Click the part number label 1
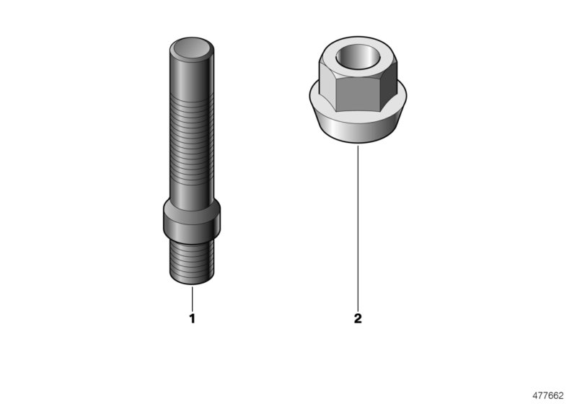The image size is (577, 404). pyautogui.click(x=192, y=317)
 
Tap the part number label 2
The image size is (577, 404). pyautogui.click(x=358, y=317)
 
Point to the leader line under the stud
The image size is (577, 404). pyautogui.click(x=192, y=298)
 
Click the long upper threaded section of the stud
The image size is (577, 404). pyautogui.click(x=192, y=137)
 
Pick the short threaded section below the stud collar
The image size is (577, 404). pyautogui.click(x=192, y=261)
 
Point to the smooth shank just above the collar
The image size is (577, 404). pyautogui.click(x=192, y=195)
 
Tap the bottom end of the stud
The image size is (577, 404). pyautogui.click(x=192, y=283)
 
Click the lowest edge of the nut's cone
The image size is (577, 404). pyautogui.click(x=358, y=143)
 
